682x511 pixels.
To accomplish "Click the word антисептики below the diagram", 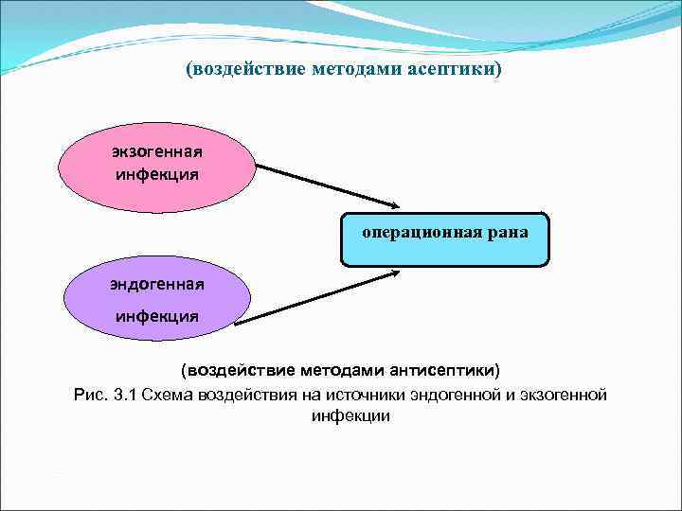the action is coord(440,368).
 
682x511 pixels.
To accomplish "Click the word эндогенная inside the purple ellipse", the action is coord(157,282).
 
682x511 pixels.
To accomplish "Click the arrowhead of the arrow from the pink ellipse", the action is coord(395,205).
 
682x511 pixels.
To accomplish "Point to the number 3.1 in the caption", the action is coord(125,394).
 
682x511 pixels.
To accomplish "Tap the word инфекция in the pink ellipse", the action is coord(157,174).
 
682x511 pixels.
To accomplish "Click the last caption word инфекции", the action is coord(350,415).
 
